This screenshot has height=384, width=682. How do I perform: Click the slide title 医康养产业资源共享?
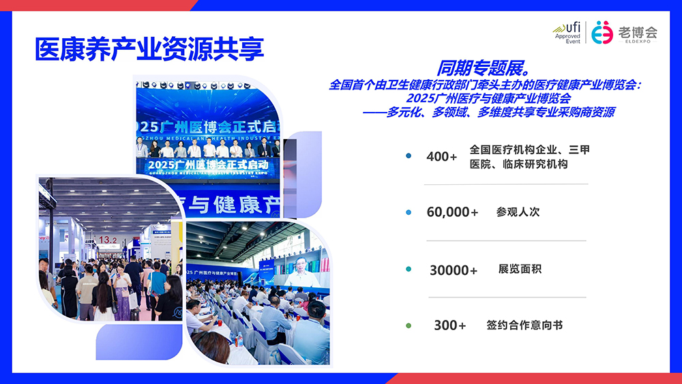pos(149,49)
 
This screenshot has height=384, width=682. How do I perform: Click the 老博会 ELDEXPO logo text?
pos(638,33)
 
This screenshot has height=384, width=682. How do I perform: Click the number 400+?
pos(442,156)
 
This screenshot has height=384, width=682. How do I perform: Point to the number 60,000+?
pos(453,212)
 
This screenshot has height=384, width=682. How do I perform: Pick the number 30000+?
pos(454,270)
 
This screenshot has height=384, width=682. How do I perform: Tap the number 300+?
pos(450,325)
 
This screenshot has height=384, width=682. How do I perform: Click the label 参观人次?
pos(518,212)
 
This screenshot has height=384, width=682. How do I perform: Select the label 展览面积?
pos(520,269)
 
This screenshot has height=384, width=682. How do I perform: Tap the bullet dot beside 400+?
pos(409,156)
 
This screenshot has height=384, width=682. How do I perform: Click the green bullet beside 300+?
pos(409,325)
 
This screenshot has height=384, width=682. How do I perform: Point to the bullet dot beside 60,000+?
pos(409,213)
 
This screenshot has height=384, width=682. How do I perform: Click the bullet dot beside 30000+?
pos(409,269)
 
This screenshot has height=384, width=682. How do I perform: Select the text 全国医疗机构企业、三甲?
pos(529,150)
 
